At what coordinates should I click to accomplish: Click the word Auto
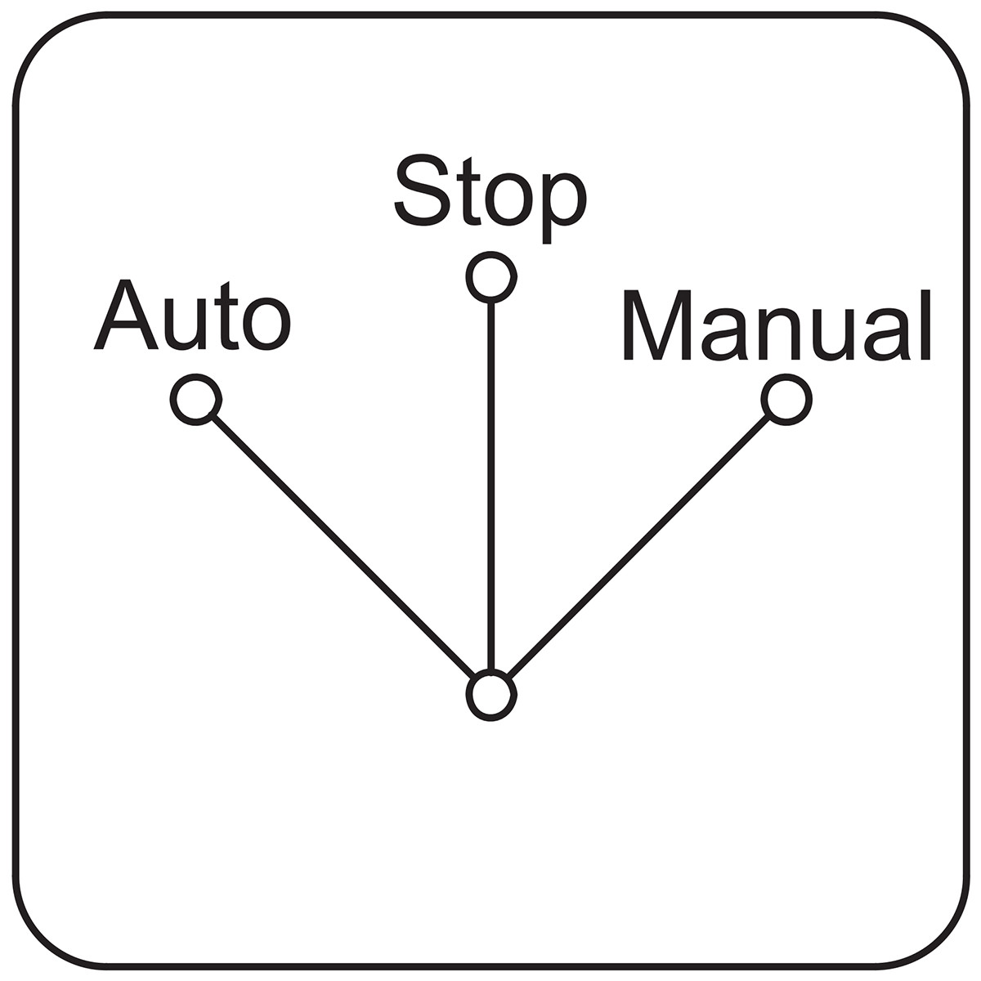click(192, 316)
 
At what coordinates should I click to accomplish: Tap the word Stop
click(490, 199)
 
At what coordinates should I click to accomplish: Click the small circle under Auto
click(196, 399)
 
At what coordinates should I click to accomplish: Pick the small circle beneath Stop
click(491, 277)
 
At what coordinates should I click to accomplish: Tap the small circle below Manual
click(786, 399)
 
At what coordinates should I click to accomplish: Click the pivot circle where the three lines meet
click(491, 696)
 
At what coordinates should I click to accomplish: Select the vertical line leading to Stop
click(491, 486)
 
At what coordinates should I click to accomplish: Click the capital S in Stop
click(423, 190)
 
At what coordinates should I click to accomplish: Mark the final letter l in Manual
click(926, 325)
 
